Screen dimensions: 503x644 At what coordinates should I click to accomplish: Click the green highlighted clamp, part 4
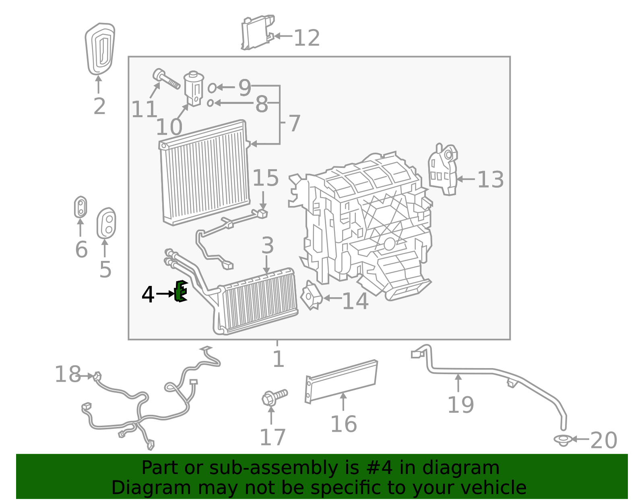181,291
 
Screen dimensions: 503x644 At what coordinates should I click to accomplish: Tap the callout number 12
307,38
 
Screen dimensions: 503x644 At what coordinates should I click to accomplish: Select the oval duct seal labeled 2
100,49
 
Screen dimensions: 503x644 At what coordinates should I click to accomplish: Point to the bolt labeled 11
165,79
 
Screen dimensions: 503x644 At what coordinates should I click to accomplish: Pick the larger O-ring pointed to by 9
212,87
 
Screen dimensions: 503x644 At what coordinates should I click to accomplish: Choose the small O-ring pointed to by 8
210,103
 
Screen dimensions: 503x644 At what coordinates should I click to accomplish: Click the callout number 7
294,123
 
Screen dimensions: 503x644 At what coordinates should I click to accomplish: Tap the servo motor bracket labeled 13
443,169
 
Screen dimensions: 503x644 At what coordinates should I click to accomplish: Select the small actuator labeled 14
311,296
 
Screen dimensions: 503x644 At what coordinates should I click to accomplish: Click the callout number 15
266,178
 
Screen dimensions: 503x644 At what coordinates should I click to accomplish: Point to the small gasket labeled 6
80,207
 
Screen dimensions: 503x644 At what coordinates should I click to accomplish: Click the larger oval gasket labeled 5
106,224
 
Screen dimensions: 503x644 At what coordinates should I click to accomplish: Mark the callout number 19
460,405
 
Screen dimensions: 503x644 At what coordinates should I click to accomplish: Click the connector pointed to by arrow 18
97,377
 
